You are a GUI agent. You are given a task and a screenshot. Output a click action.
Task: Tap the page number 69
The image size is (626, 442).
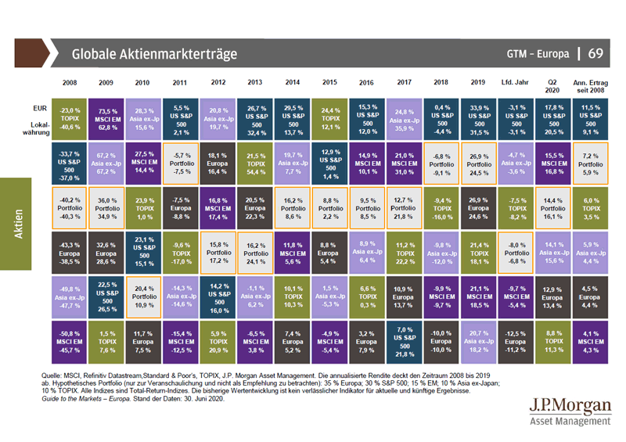[595, 53]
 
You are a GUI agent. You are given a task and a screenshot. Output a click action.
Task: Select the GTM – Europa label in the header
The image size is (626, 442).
[538, 54]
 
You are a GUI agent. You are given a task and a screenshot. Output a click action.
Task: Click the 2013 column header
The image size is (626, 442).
[254, 82]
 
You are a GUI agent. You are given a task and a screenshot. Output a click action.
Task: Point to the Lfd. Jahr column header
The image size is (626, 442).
[516, 82]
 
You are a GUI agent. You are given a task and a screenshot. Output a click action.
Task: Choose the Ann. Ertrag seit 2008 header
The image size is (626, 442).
[591, 85]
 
